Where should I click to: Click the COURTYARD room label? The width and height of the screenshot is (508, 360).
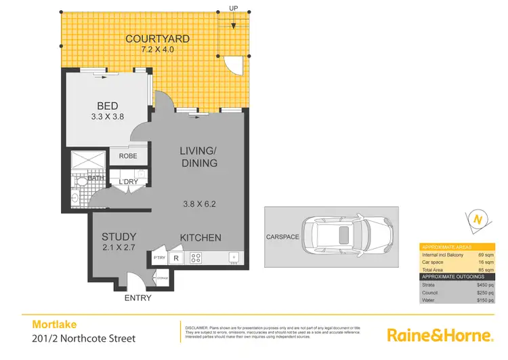point(157,39)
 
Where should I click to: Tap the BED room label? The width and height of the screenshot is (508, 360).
point(108,106)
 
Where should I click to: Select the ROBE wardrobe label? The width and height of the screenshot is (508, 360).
point(128,156)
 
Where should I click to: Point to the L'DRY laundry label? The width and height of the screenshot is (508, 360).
point(128,182)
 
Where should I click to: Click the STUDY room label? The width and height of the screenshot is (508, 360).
point(119,237)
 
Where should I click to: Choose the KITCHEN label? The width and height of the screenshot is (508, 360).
point(200,237)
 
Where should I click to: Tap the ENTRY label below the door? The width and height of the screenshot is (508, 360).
point(137,298)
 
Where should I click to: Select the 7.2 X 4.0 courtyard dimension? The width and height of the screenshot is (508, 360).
point(157,50)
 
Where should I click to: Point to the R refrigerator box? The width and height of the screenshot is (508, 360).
point(175,258)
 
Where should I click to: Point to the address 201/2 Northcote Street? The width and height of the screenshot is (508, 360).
point(84,338)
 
